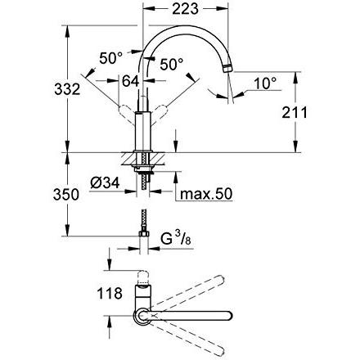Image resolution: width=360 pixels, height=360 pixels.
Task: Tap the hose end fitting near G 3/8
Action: click(x=144, y=240)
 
